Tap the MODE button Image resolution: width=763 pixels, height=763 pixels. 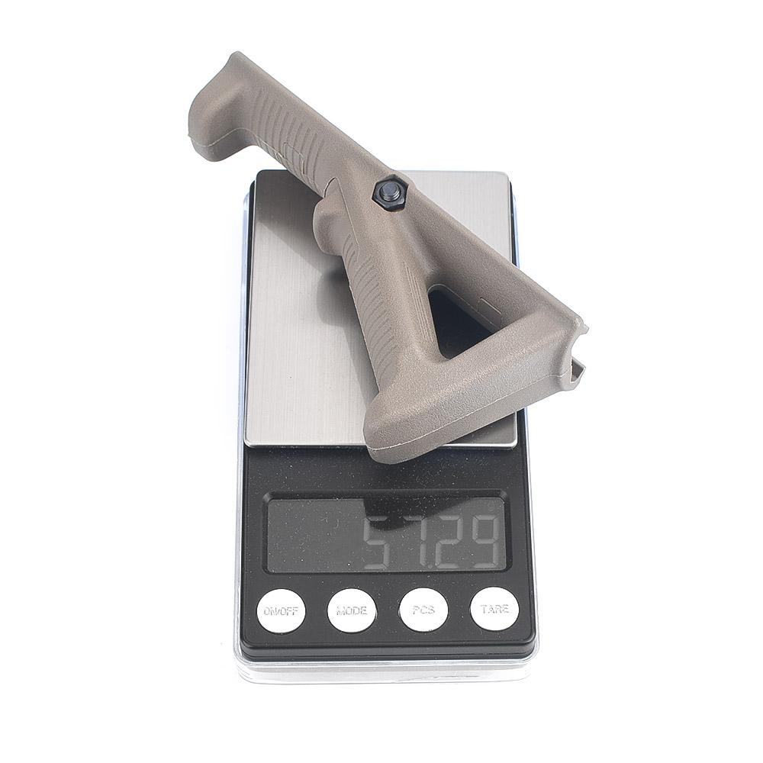pyautogui.click(x=352, y=610)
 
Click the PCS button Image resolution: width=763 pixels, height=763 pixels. pyautogui.click(x=423, y=610)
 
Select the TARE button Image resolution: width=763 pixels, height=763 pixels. pyautogui.click(x=494, y=609)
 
